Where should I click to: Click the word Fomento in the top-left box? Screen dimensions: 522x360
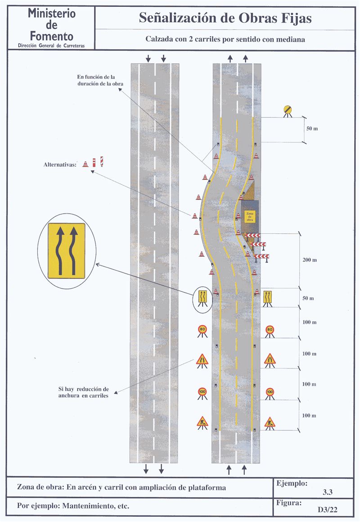[x=50, y=36]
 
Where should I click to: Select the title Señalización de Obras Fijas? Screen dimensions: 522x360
[x=225, y=18]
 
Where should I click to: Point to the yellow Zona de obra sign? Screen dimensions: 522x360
[x=249, y=216]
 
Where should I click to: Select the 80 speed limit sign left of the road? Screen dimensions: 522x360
[x=202, y=330]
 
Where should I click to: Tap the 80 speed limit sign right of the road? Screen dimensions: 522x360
[x=270, y=330]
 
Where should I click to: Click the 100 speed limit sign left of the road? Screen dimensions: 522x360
[x=202, y=392]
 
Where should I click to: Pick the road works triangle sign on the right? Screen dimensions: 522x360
[x=270, y=422]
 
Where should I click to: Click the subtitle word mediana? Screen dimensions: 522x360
[x=292, y=39]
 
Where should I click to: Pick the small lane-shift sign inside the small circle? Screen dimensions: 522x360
[x=202, y=297]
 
